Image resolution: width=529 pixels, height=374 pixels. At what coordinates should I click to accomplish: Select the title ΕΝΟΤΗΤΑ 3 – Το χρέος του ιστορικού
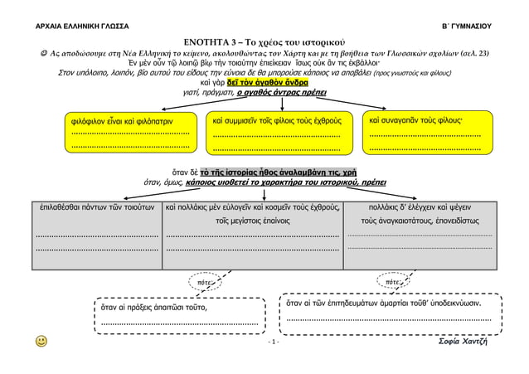264,41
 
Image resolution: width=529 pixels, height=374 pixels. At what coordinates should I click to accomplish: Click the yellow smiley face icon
41,341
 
